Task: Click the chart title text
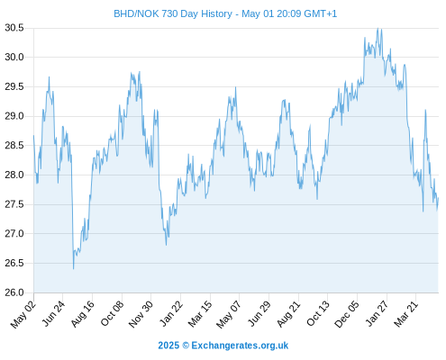coord(225,13)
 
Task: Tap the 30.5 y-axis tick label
coord(14,28)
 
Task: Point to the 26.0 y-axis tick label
coord(14,292)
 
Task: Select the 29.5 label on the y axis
coord(14,87)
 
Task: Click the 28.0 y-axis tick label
coord(14,175)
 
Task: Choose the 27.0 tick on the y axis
coord(14,234)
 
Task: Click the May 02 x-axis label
coord(23,314)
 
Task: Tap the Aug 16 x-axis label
coord(83,314)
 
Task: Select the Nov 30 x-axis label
coord(141,314)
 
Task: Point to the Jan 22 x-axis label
coord(171,314)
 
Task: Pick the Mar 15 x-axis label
coord(200,314)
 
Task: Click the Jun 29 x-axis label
coord(259,314)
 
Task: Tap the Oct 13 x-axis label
coord(318,314)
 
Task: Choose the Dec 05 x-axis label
coord(347,314)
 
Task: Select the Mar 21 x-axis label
coord(406,314)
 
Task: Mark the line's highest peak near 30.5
coord(378,29)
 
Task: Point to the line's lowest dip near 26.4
coord(73,269)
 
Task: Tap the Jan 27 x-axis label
coord(378,314)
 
